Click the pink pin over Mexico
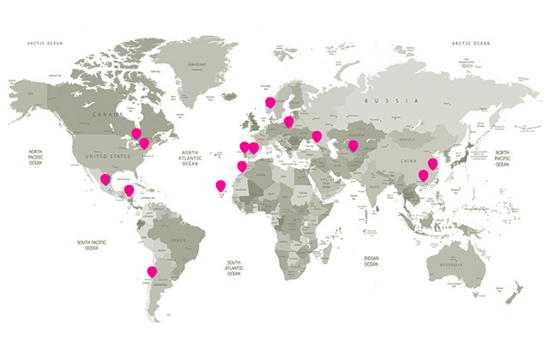point(106,179)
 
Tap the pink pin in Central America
point(129,190)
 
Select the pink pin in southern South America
point(152,272)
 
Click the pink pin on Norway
point(270,102)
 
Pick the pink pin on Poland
point(289,122)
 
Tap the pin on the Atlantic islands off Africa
point(220,184)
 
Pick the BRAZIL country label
point(179,242)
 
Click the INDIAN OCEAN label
point(371,261)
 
